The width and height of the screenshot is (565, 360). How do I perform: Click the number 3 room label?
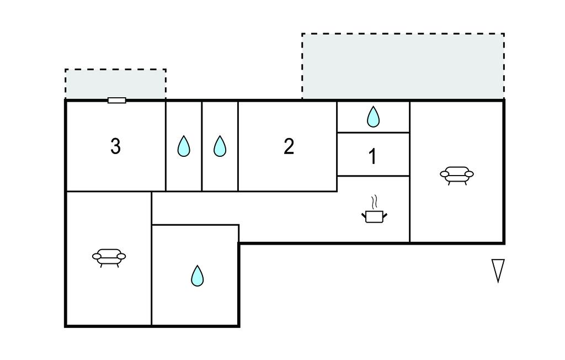pos(115,146)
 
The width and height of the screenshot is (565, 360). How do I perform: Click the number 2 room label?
pos(289,146)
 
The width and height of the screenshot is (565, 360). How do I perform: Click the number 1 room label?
pos(373,157)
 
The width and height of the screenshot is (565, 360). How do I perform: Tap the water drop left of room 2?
pos(220,146)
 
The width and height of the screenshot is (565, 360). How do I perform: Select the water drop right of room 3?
pos(184,146)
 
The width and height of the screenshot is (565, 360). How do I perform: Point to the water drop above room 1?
pos(374,117)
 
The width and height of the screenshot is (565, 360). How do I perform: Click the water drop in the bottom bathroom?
pos(197,276)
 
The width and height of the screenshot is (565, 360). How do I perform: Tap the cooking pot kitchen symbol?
pos(374,215)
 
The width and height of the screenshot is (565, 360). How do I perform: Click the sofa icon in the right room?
pos(456,174)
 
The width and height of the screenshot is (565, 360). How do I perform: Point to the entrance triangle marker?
pos(498,270)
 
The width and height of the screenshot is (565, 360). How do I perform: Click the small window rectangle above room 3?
pos(116,100)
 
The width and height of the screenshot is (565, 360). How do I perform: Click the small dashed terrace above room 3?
pos(115,84)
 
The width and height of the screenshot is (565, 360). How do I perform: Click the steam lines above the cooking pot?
pos(374,200)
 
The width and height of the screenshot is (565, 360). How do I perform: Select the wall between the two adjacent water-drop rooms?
pos(202,146)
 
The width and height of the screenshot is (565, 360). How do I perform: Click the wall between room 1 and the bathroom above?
pos(373,133)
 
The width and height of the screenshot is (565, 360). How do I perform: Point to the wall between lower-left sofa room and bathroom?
pos(152,276)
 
